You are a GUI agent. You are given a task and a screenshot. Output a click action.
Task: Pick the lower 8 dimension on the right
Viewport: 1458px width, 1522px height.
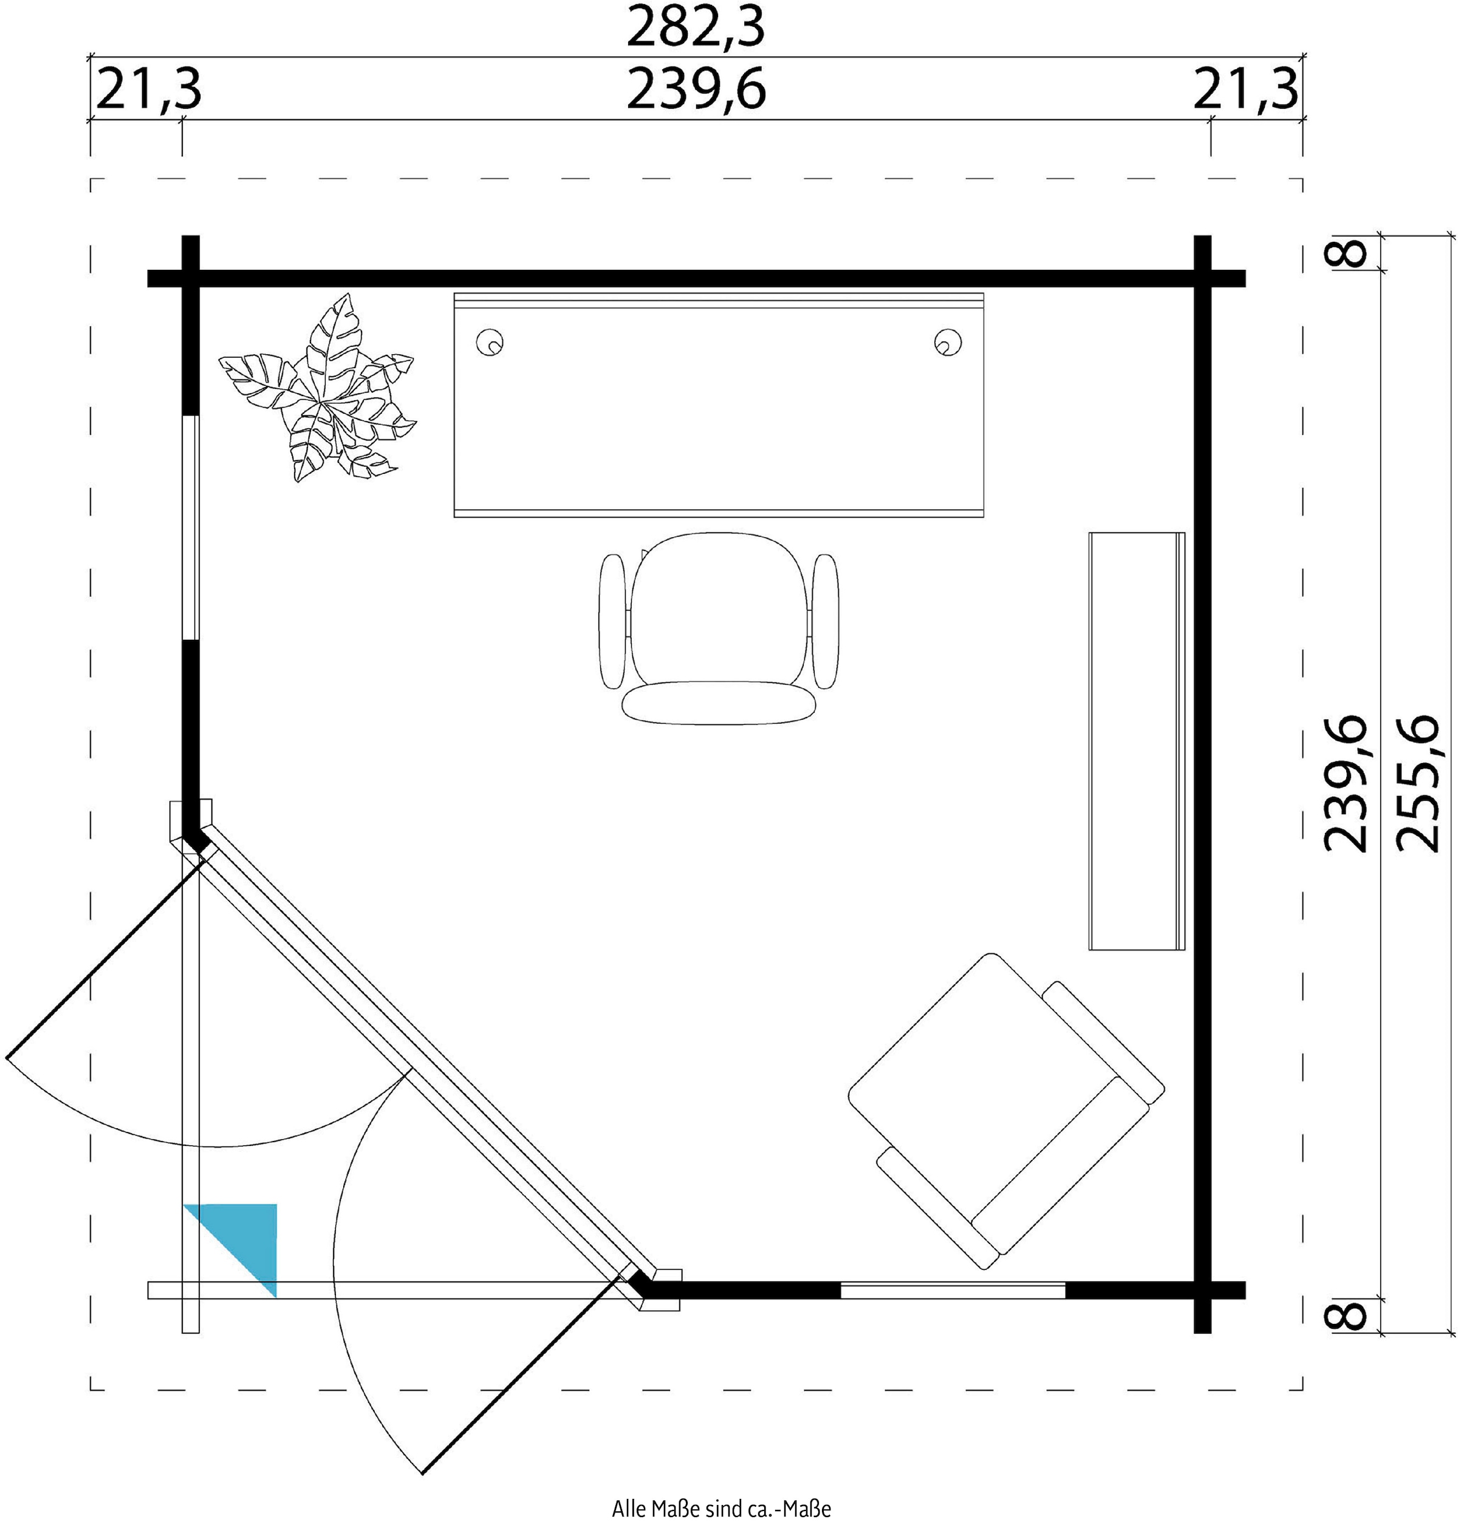(x=1352, y=1315)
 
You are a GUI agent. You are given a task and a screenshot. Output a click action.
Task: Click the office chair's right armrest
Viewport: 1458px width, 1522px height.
(x=825, y=620)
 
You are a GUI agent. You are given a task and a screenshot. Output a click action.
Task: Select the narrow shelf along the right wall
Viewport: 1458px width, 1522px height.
(x=1137, y=741)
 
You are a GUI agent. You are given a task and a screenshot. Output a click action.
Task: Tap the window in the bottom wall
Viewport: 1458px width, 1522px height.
(x=953, y=1291)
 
